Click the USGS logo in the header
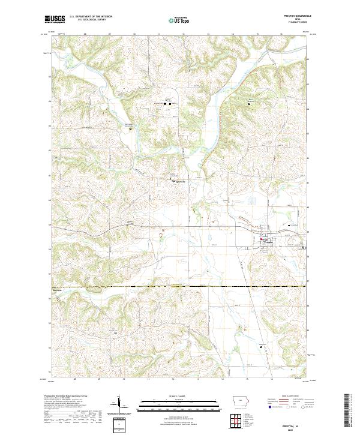[55, 19]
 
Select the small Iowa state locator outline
[241, 403]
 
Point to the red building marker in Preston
[262, 239]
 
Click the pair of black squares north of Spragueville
[167, 104]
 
